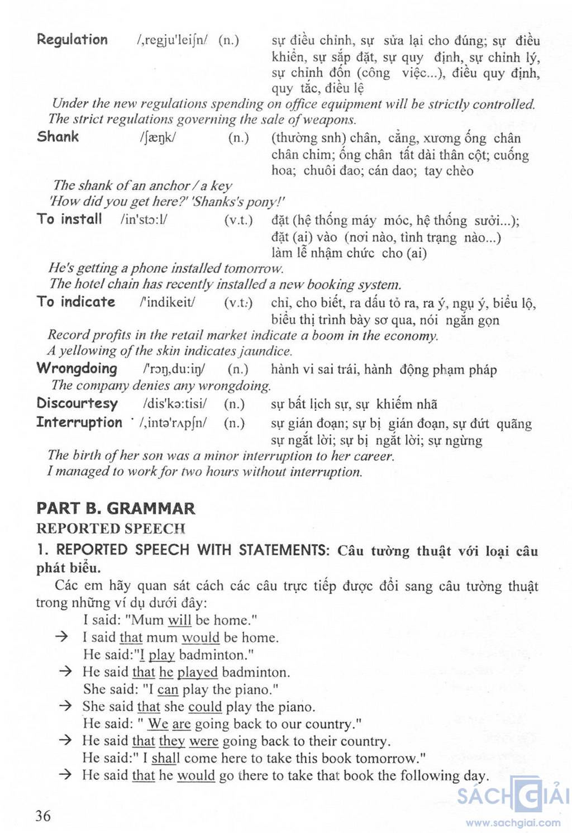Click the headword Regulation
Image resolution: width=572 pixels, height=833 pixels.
72,40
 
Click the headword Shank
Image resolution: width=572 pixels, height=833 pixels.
58,137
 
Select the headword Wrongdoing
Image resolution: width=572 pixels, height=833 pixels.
77,369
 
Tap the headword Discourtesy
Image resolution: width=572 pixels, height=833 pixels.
77,403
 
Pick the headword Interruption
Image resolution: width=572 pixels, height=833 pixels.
79,422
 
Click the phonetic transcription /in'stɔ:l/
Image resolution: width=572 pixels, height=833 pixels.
144,219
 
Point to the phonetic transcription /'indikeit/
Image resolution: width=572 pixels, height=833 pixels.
168,302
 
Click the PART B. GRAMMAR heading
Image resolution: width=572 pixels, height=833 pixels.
116,508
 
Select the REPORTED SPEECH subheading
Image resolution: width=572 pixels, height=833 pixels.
111,529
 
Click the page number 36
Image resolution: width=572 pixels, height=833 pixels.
43,816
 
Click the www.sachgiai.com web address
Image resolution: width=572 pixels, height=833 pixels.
513,822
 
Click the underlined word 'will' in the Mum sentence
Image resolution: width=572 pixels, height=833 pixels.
179,620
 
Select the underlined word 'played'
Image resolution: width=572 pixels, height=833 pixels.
197,672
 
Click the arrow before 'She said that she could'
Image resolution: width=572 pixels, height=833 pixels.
65,706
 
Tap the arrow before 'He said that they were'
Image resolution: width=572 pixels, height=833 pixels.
65,741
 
